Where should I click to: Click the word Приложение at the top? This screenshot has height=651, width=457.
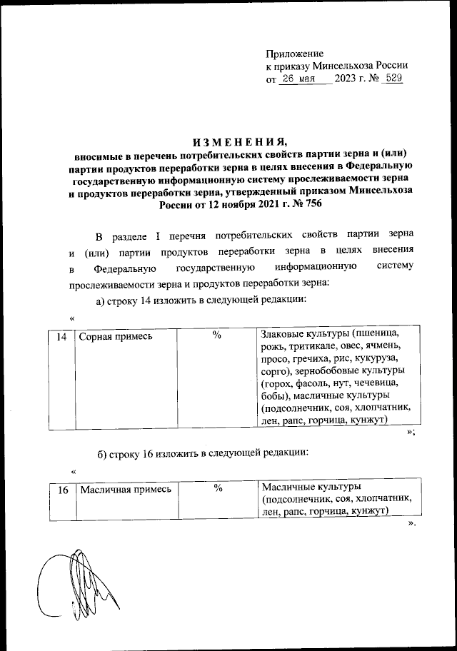coord(294,54)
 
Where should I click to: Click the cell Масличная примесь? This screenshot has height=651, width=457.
coord(126,489)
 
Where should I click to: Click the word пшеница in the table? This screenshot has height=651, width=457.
coord(381,334)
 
